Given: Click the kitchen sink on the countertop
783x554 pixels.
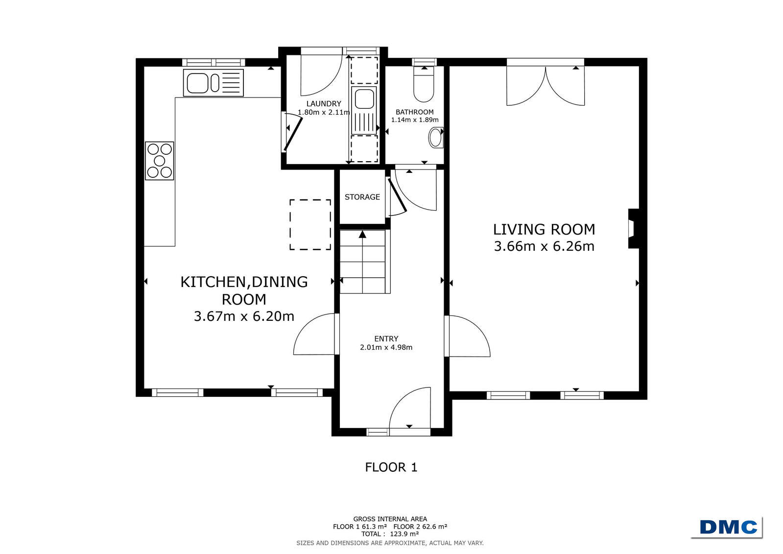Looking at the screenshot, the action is tap(213, 83).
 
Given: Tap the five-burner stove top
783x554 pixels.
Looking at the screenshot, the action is tap(160, 161).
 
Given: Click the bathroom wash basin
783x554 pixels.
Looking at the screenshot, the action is tap(436, 138).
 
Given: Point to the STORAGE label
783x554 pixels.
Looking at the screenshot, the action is tap(362, 197).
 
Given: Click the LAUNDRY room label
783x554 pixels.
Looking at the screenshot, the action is tap(324, 103).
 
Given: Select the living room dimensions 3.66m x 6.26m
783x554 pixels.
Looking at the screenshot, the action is tap(544, 246).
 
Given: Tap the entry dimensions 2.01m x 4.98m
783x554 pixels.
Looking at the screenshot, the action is tap(386, 347).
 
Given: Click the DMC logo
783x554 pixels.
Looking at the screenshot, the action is tap(729, 527).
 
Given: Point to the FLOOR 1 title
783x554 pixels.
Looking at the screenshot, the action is tap(391, 467).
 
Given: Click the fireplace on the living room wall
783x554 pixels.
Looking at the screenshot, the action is tap(634, 229).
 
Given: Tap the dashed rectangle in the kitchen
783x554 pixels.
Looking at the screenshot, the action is tap(310, 224).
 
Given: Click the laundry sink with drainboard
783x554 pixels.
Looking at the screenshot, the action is tap(364, 111).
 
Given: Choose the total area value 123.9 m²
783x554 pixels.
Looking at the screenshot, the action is tap(404, 534).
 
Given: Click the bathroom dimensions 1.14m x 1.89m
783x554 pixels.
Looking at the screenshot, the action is tap(415, 120).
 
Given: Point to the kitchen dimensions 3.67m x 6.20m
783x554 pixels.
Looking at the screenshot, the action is tap(244, 316).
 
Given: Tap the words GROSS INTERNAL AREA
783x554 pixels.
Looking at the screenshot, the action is tap(390, 519).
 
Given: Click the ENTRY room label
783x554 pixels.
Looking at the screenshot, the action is tap(386, 338).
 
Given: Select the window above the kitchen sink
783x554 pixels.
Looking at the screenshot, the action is tap(213, 63).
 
